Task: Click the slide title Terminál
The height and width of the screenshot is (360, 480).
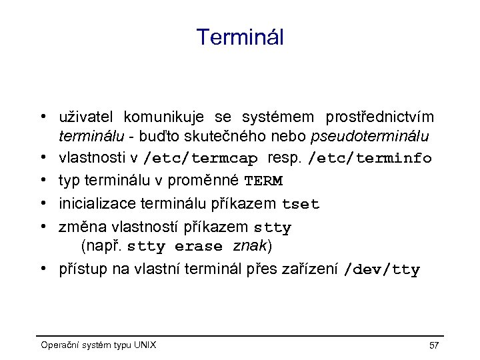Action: point(240,37)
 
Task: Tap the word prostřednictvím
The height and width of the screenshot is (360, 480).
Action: point(379,117)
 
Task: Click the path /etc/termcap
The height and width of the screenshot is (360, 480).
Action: point(201,159)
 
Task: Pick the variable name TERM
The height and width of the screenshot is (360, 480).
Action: point(263,181)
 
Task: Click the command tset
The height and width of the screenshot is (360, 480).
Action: point(301,204)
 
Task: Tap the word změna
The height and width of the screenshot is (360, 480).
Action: point(79,227)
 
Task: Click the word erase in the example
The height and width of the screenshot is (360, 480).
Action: point(199,246)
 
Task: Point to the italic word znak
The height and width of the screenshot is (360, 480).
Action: point(250,246)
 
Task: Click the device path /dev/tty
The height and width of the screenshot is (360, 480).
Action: point(381,269)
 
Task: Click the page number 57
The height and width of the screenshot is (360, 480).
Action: point(434,345)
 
